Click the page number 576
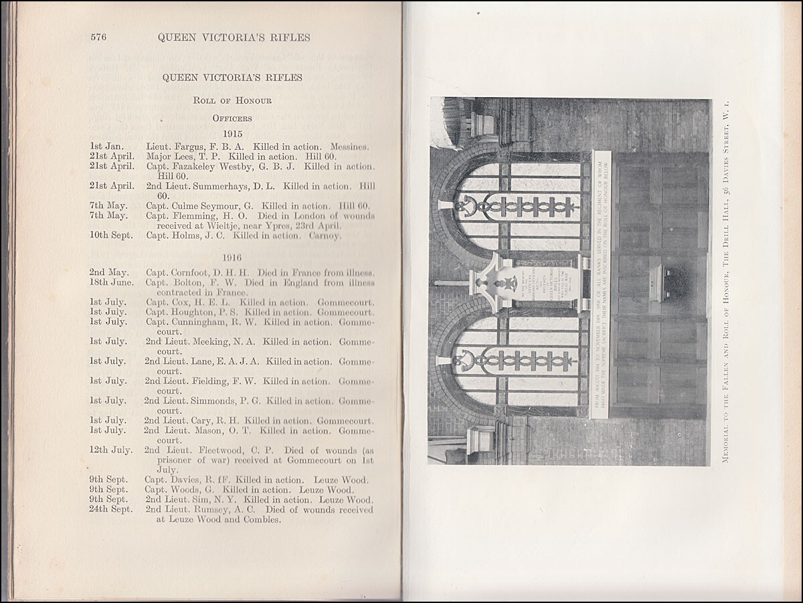99,37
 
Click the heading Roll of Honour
232,100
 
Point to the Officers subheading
232,118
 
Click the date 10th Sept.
111,236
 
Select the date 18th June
112,282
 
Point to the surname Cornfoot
193,272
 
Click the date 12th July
111,450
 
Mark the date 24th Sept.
111,509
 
